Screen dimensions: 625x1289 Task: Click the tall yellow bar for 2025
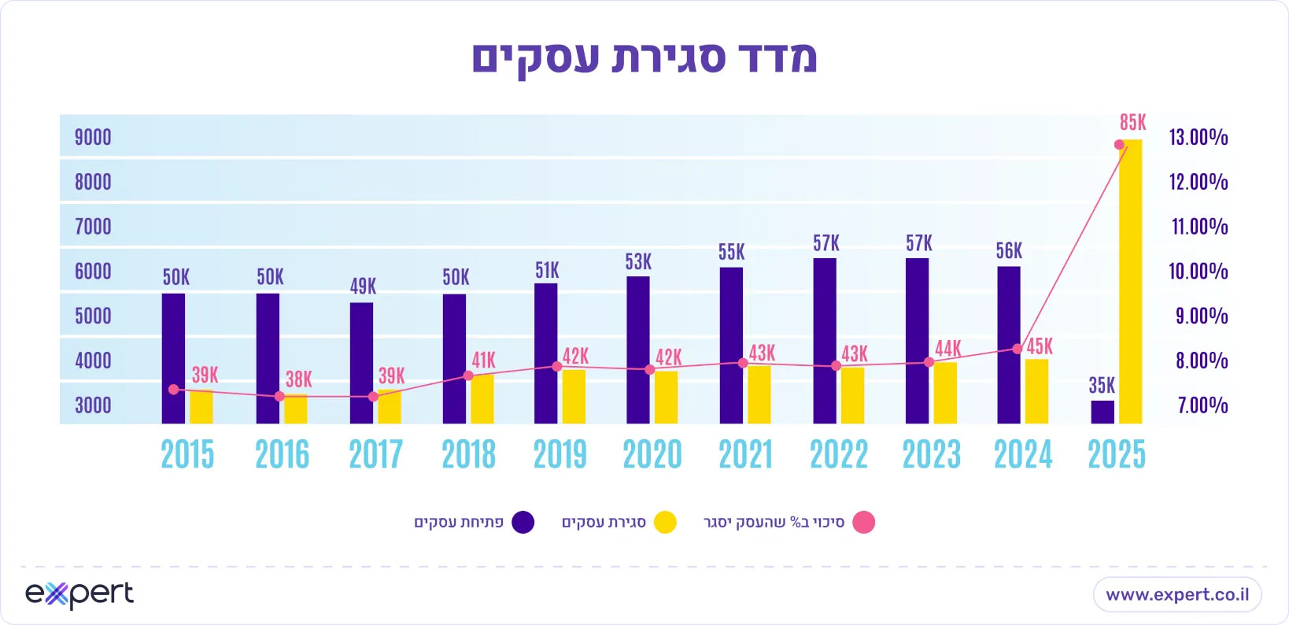[x=1131, y=283]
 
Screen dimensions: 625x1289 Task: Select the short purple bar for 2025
[x=1102, y=412]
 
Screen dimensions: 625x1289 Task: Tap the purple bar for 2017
[x=361, y=363]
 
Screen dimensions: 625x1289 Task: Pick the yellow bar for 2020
[x=666, y=397]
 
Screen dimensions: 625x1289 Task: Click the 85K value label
[x=1132, y=123]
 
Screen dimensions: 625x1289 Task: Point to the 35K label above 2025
[x=1102, y=386]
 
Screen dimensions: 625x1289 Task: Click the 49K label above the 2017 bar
[x=363, y=287]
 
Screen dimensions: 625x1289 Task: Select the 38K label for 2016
[x=298, y=379]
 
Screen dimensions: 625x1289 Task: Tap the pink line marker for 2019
[x=557, y=366]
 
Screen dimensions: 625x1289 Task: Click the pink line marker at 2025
[x=1119, y=145]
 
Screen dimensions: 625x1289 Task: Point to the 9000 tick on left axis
[x=93, y=138]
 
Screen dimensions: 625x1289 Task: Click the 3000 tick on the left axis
[x=93, y=405]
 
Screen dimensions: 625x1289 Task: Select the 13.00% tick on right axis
[x=1198, y=138]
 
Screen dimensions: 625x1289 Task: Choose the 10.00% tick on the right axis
[x=1198, y=272]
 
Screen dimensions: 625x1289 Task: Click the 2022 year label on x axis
[x=839, y=455]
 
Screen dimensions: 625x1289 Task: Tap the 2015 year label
[x=187, y=455]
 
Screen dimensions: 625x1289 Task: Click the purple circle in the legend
[x=523, y=523]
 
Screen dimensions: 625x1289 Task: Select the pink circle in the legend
[x=864, y=523]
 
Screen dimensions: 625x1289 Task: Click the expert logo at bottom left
[x=79, y=594]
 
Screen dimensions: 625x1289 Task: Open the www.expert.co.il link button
[x=1177, y=594]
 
